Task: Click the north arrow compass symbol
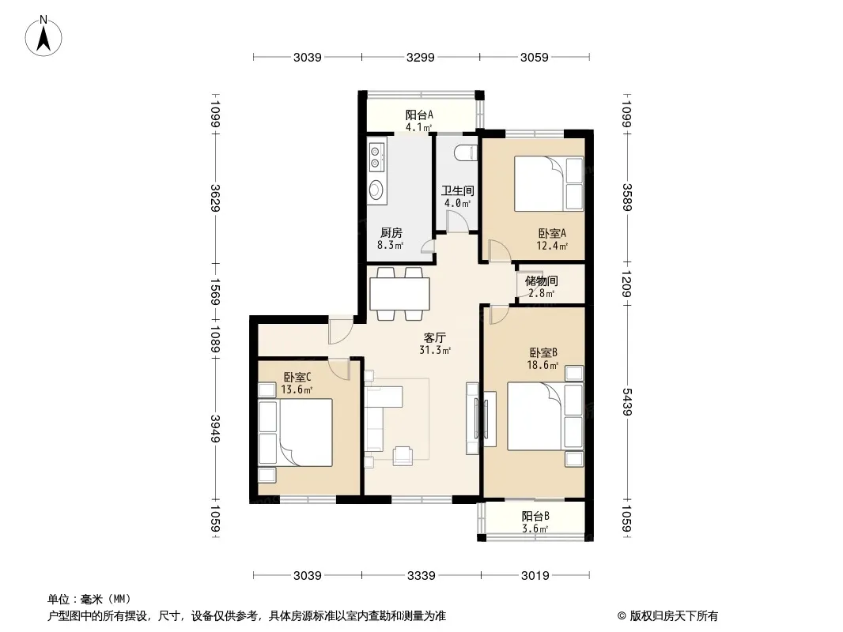(43, 36)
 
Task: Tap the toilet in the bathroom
(466, 153)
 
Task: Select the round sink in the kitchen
(376, 189)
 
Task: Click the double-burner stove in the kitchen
(376, 155)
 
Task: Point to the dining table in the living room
(399, 294)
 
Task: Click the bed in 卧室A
(549, 183)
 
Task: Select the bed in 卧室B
(545, 416)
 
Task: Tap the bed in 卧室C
(295, 432)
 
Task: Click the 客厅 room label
(434, 338)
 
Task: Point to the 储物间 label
(542, 280)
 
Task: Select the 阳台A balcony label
(419, 115)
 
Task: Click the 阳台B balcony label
(535, 517)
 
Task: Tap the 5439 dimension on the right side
(627, 401)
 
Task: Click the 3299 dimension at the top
(421, 57)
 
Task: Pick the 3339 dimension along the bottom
(421, 576)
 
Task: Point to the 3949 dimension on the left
(215, 429)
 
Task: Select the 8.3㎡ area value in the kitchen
(391, 246)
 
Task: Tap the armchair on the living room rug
(403, 455)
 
